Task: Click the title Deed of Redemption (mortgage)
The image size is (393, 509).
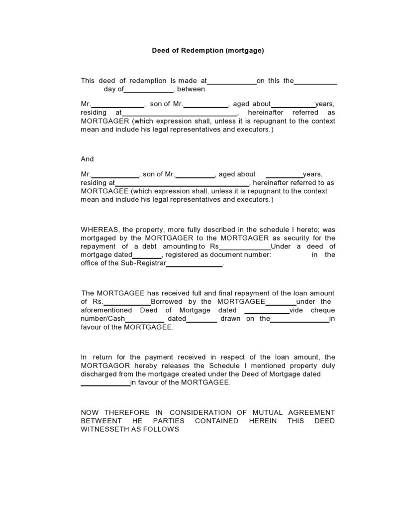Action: [207, 50]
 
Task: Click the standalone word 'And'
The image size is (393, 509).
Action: [87, 159]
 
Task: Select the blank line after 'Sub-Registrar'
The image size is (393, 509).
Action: [194, 265]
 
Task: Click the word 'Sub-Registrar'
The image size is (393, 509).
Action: [143, 263]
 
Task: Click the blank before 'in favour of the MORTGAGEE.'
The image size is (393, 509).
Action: [105, 384]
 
